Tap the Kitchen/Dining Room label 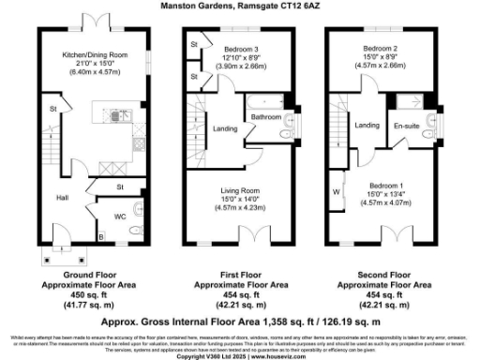pyautogui.click(x=88, y=55)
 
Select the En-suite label pyautogui.click(x=405, y=125)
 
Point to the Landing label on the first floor pyautogui.click(x=225, y=128)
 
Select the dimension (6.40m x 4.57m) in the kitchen pyautogui.click(x=88, y=70)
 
